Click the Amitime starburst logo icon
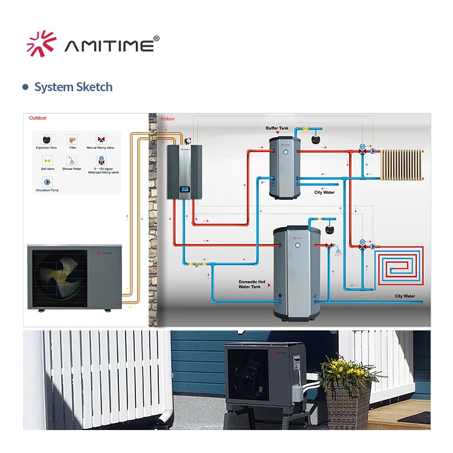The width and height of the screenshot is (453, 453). [42, 43]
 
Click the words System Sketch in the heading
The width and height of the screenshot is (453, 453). [73, 87]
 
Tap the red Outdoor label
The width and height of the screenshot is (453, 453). [38, 118]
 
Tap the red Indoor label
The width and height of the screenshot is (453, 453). [167, 119]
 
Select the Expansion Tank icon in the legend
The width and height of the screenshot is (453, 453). [47, 139]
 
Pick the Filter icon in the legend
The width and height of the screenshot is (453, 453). [72, 139]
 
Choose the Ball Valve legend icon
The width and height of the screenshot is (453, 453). [47, 161]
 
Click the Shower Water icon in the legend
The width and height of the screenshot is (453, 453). [72, 161]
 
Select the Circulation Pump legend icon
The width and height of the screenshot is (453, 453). [47, 182]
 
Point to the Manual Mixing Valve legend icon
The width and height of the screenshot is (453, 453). [100, 139]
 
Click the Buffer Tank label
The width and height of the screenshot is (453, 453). [277, 128]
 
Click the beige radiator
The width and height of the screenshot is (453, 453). [401, 164]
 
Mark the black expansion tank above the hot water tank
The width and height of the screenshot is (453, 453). [330, 229]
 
